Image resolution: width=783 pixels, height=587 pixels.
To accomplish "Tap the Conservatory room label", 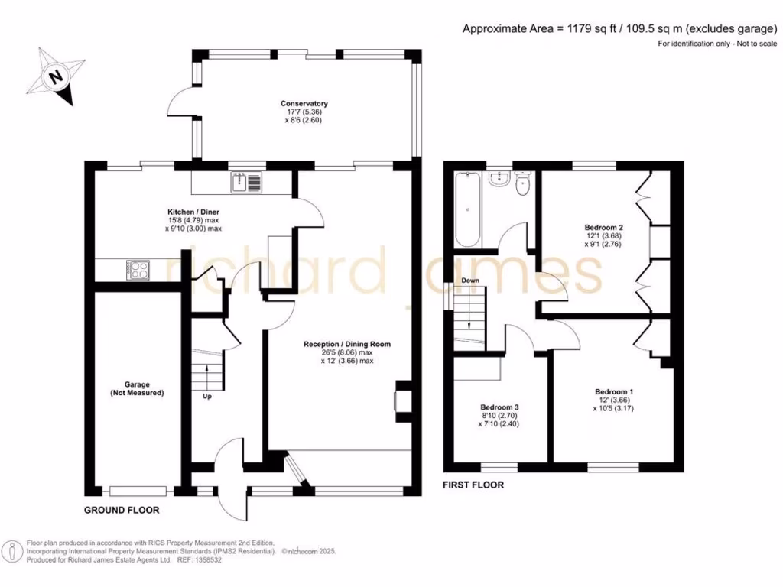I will point(304,103).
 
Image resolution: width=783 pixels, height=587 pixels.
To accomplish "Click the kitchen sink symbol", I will point(248,182).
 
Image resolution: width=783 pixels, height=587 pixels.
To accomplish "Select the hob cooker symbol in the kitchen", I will point(138,269).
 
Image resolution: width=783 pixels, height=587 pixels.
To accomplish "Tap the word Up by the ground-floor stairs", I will point(206,397).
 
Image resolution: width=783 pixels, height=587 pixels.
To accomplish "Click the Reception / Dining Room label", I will point(346,344).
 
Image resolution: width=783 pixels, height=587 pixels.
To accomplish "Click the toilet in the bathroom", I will point(523,184).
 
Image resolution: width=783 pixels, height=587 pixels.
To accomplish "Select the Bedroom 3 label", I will point(499,407).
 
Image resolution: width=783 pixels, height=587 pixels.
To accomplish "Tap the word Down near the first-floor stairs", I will point(470,281).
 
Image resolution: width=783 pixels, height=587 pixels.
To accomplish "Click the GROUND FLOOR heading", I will point(121,510).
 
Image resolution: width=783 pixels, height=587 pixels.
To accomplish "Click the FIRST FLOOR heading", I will point(473,485).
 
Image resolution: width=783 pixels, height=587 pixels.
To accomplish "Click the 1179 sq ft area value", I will point(591,29).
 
